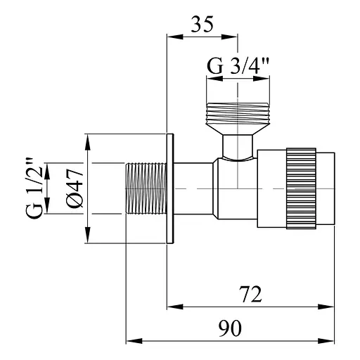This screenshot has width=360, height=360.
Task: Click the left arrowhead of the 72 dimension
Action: pos(173,306)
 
